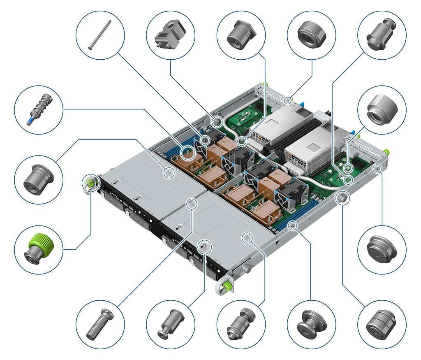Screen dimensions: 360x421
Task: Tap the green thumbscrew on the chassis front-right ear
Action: [225, 286]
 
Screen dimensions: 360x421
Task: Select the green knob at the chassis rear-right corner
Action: [386, 151]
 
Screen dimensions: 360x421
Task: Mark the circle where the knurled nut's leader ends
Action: [288, 100]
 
